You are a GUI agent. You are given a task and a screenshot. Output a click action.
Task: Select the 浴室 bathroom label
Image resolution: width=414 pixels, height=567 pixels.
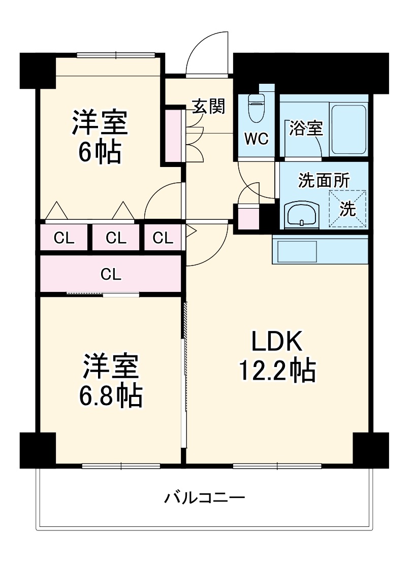(306, 129)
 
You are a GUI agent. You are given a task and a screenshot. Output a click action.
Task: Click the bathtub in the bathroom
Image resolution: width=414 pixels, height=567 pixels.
(348, 129)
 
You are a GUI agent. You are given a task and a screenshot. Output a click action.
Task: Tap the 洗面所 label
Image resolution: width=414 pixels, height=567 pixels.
(323, 181)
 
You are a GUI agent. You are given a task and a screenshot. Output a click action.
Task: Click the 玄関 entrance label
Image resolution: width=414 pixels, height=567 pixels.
(208, 107)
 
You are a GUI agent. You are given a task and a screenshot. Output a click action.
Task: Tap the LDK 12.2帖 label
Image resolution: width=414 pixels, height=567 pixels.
(278, 357)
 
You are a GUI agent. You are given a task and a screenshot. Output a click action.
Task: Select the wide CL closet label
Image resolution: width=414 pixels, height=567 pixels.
(111, 275)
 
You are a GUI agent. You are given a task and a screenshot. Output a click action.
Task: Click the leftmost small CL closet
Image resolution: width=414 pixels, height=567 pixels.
(65, 238)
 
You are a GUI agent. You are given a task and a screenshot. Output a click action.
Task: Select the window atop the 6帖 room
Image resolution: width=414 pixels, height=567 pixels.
(116, 55)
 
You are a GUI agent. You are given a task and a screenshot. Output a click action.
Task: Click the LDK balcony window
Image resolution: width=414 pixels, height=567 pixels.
(277, 465)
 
